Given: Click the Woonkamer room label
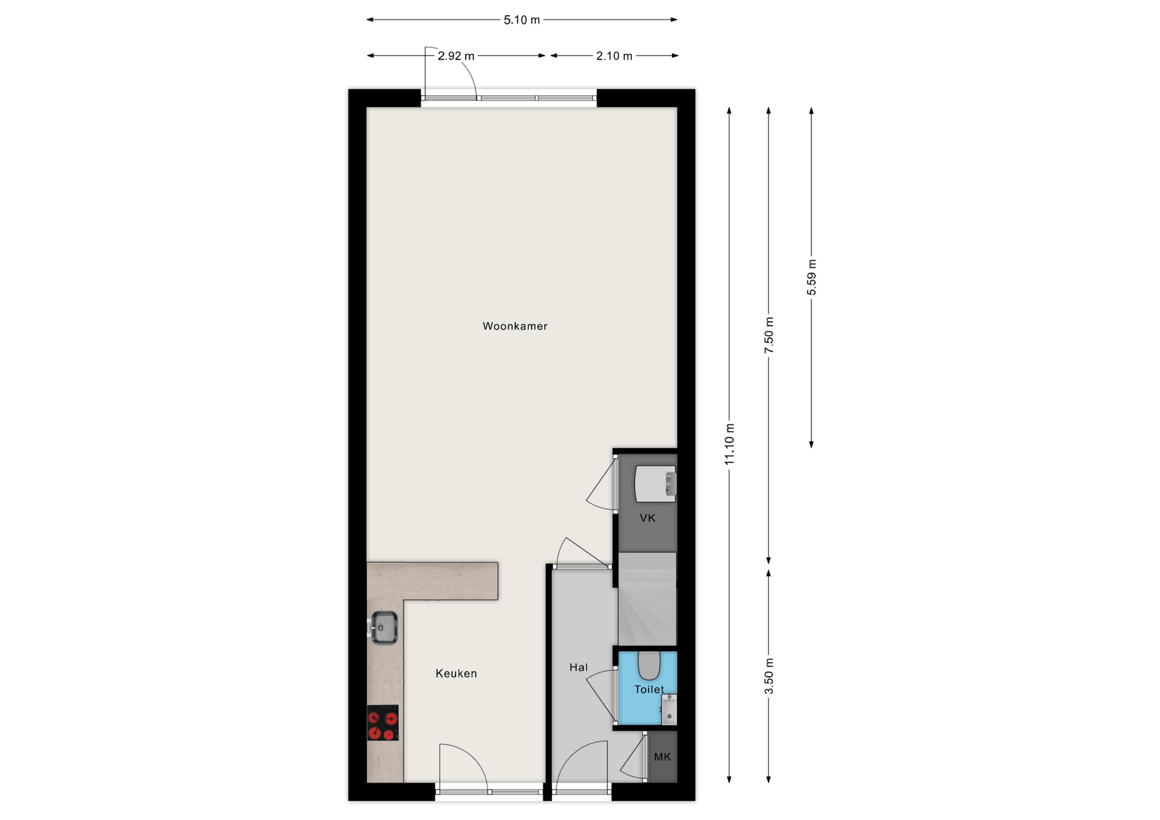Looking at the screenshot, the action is [515, 326].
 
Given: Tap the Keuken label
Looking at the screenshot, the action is [456, 673].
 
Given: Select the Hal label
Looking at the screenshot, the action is [578, 667].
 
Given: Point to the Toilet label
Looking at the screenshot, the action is [649, 689].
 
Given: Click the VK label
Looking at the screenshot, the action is [647, 517].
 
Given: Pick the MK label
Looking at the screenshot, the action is [662, 757].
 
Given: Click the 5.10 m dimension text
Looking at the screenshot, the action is [522, 20].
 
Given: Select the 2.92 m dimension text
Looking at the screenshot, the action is [456, 56].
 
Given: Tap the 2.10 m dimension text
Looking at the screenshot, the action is [614, 56].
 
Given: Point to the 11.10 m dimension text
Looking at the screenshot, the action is [730, 444].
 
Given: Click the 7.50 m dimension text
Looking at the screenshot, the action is [769, 335].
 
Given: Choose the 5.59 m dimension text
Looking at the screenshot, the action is [811, 277].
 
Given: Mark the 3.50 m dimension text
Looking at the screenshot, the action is [769, 676].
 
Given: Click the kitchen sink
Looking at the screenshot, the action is [383, 628].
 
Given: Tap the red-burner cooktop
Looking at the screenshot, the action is [383, 723].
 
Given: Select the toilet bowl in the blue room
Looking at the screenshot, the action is [649, 665].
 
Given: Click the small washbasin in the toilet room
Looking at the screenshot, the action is [669, 709].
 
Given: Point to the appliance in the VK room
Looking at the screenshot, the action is [656, 484].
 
